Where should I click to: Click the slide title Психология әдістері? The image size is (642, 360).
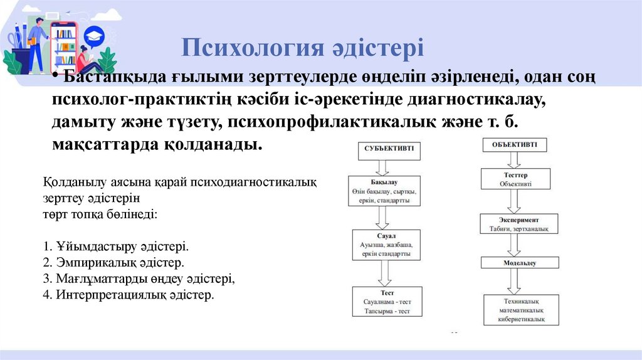pos(303,48)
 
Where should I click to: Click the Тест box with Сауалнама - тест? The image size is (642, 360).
pos(387,302)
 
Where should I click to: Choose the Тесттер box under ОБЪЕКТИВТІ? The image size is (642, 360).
pos(515,179)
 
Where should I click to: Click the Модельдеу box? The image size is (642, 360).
pos(515,263)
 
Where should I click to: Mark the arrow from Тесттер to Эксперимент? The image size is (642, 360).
pos(515,201)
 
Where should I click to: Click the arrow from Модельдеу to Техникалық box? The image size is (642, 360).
pos(514,283)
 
